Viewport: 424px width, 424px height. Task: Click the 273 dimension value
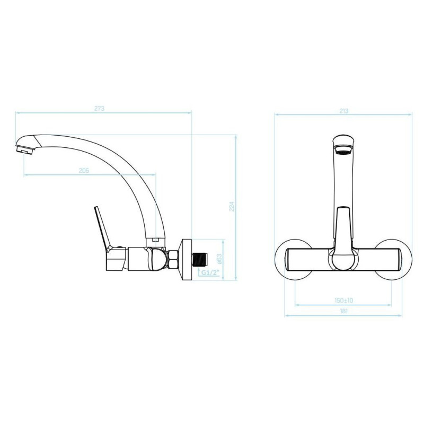99,109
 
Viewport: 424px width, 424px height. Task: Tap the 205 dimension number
84,171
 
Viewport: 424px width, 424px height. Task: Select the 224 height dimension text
232,206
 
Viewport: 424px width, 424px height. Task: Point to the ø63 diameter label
219,259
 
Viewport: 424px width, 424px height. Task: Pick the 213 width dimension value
343,111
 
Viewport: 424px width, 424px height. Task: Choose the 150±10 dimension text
343,301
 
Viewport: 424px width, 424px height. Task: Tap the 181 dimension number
343,311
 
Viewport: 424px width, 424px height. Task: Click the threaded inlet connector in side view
200,259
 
